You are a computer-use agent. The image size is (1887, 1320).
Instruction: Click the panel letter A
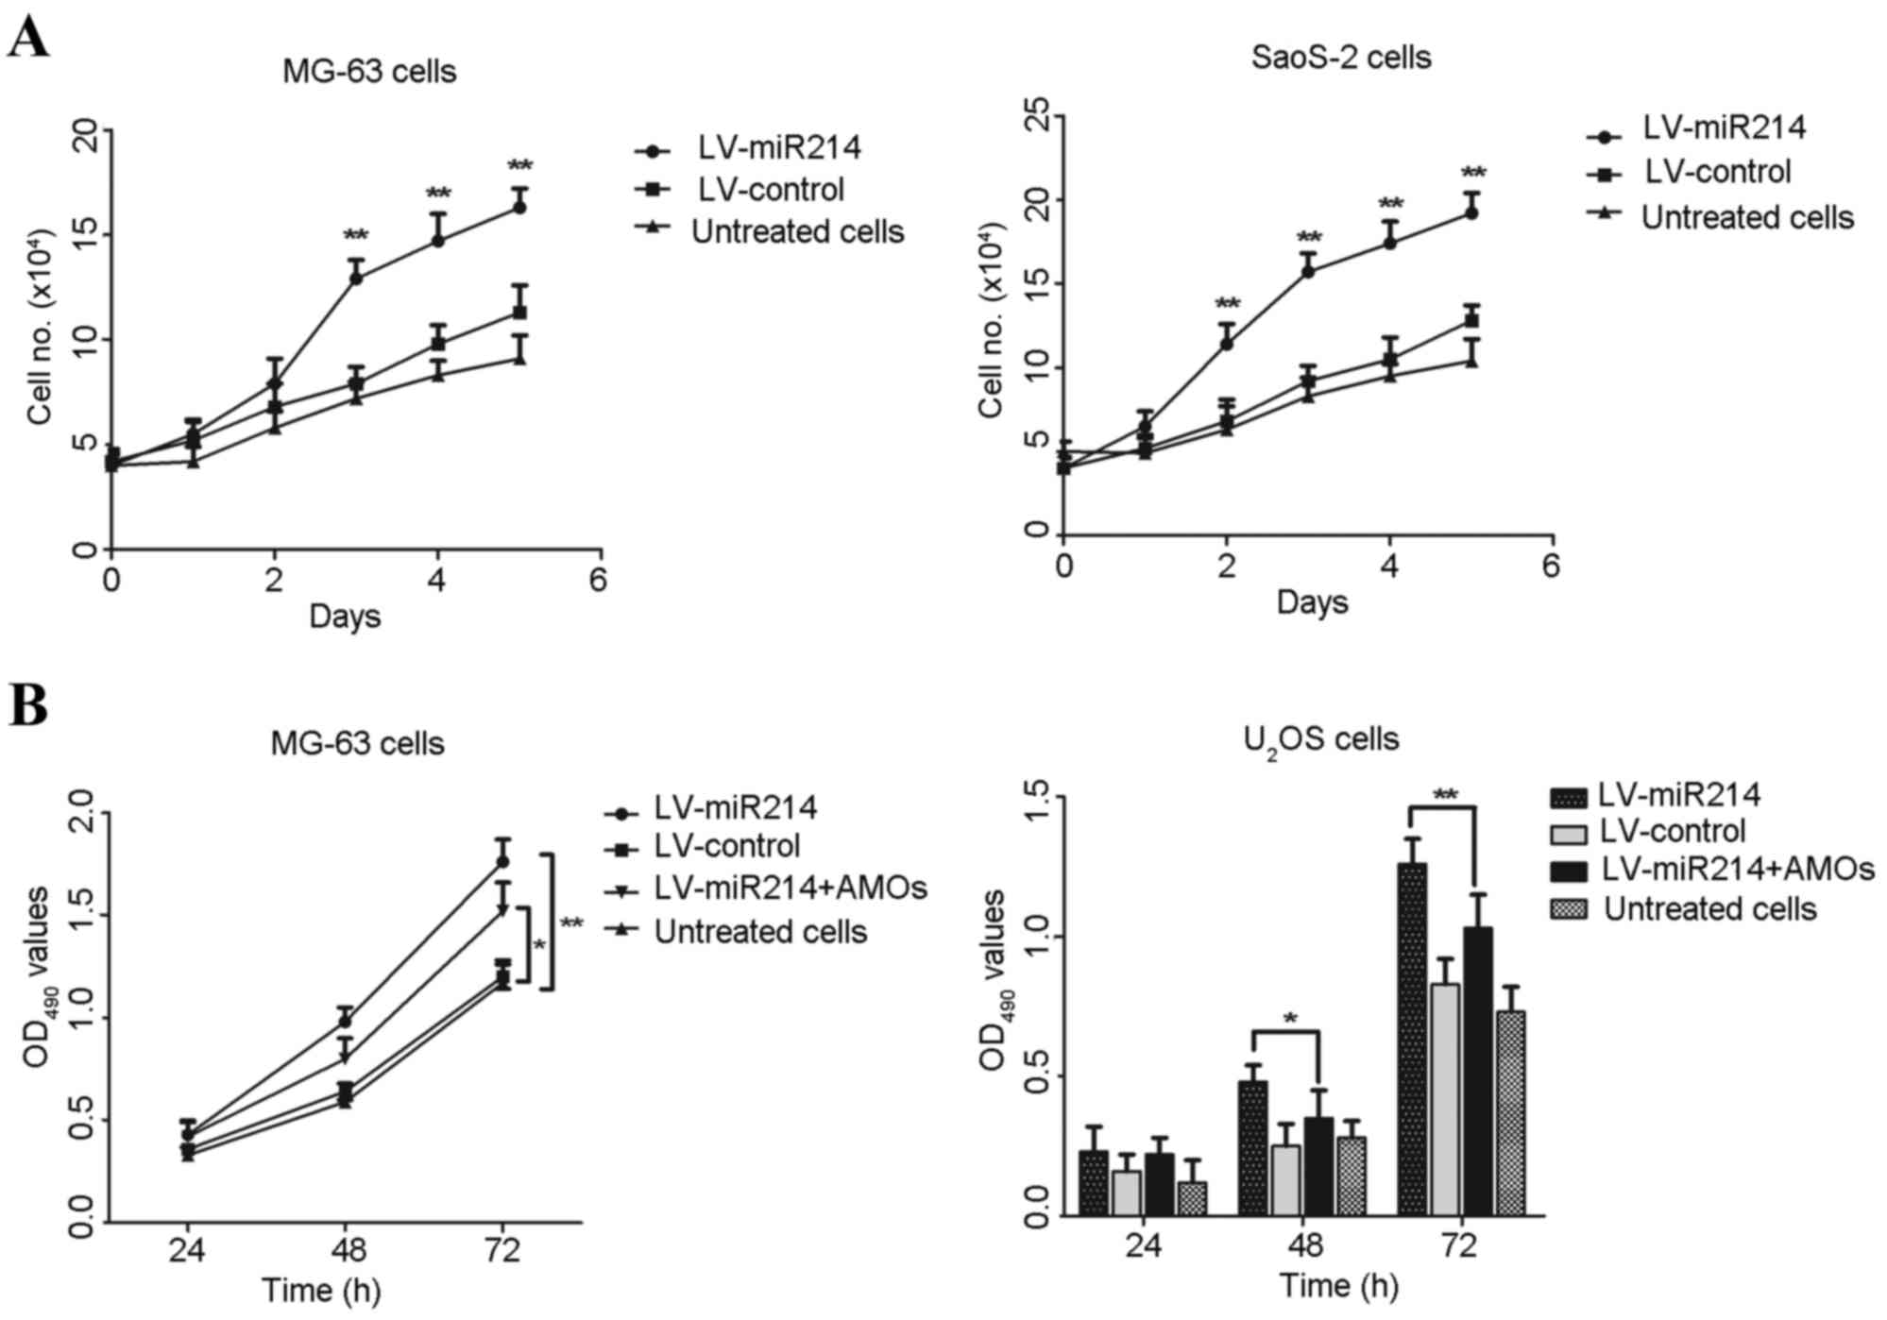[29, 39]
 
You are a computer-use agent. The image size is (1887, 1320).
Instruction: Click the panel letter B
[28, 705]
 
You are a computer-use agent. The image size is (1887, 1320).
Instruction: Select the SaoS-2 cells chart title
[1340, 58]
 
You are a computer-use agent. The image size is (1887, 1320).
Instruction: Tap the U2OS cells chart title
[1320, 739]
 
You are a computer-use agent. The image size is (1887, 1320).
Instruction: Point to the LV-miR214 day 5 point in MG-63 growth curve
[519, 207]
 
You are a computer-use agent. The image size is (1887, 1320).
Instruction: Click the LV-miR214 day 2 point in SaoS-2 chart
[1227, 344]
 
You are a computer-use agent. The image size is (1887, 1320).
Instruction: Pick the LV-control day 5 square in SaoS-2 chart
[1471, 321]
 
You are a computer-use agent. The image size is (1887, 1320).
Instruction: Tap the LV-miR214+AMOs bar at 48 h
[1317, 1167]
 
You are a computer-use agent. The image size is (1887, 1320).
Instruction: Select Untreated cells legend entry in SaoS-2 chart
[1720, 217]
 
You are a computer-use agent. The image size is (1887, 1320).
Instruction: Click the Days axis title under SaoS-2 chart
[1312, 601]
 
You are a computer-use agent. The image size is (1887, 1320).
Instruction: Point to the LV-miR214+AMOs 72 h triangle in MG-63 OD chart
[502, 910]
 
